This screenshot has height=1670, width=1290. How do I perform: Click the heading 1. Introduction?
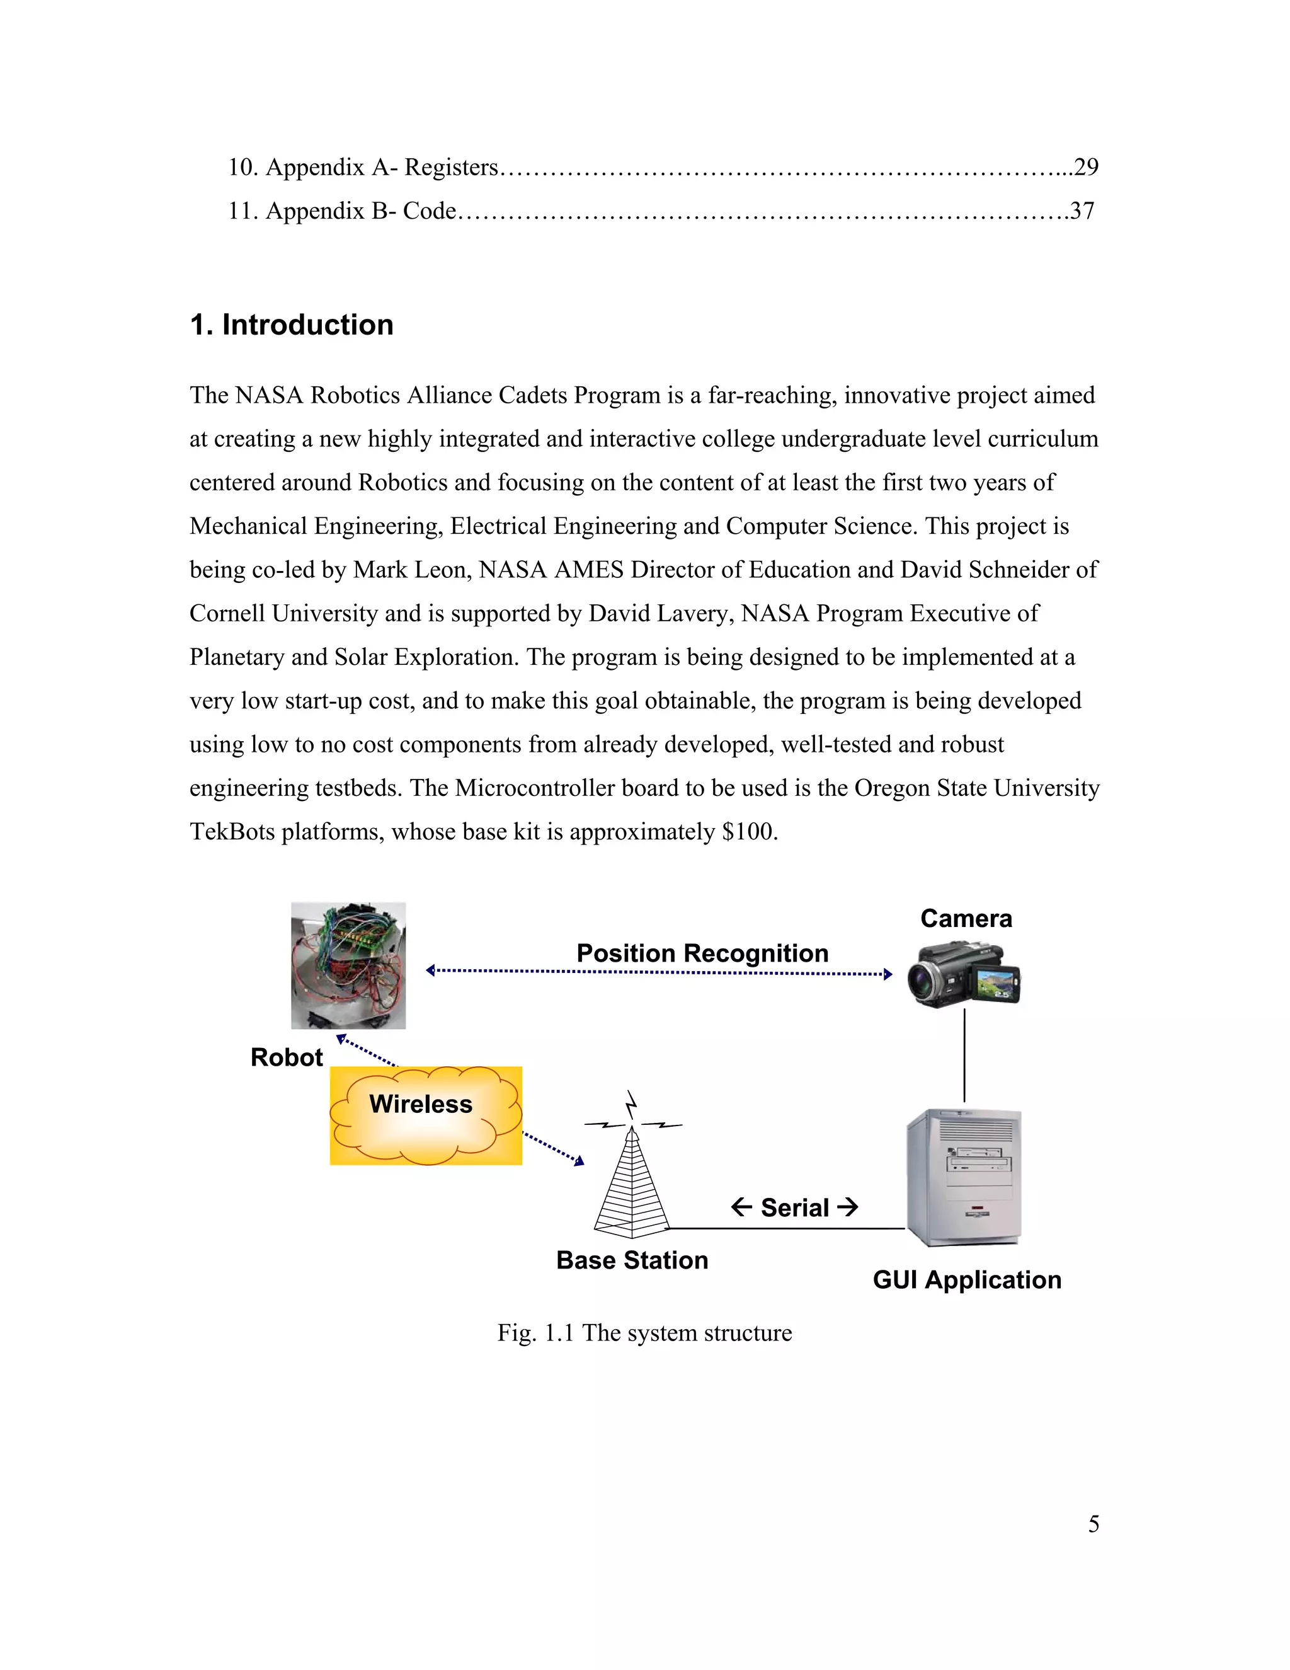pos(291,325)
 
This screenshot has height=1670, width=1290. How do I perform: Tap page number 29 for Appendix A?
pos(1085,167)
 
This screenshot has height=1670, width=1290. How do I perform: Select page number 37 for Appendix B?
pos(1082,210)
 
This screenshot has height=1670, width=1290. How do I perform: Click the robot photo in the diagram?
pos(348,965)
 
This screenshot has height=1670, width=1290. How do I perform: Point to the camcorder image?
pos(964,974)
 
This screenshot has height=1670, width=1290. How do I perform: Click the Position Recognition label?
pos(702,953)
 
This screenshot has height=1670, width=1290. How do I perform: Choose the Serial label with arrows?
pos(794,1207)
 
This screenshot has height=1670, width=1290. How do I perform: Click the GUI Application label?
pos(967,1279)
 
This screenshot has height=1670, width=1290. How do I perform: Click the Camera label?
pos(966,918)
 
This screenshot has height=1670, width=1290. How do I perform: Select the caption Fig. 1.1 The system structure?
pos(644,1332)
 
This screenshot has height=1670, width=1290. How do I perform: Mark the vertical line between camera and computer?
pos(964,1055)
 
